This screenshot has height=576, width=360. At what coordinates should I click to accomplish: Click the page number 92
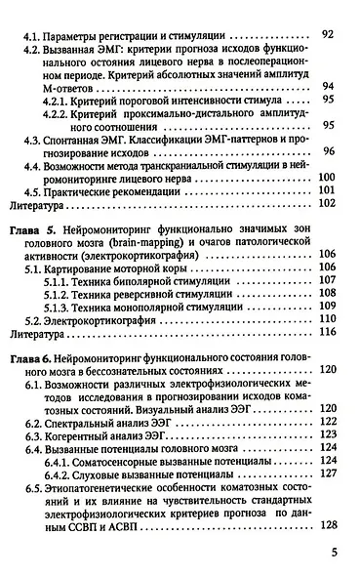[328, 34]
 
